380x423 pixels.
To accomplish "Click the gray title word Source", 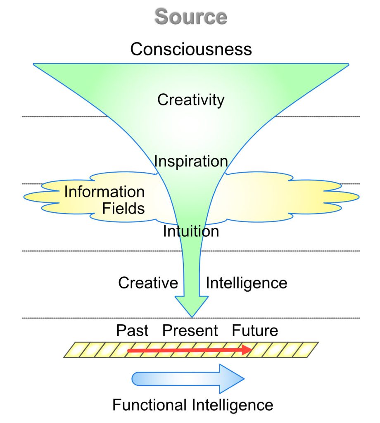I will (x=190, y=17).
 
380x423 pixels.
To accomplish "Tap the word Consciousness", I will (x=191, y=49).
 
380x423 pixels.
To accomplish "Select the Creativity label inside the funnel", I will (x=191, y=100).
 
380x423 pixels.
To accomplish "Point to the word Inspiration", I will (x=191, y=161).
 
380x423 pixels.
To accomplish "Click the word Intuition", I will (x=191, y=231).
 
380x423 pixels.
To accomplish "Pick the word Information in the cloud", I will (x=104, y=192).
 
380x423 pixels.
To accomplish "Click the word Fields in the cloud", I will (x=123, y=209).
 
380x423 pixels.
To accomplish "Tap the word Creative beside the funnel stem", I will (x=148, y=283).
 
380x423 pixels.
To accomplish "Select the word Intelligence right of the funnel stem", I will (x=246, y=283).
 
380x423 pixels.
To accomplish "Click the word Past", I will (x=132, y=330).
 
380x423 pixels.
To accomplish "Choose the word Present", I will (x=190, y=330).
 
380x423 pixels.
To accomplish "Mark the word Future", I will (x=255, y=330).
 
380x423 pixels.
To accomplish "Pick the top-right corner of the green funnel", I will (x=348, y=64).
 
